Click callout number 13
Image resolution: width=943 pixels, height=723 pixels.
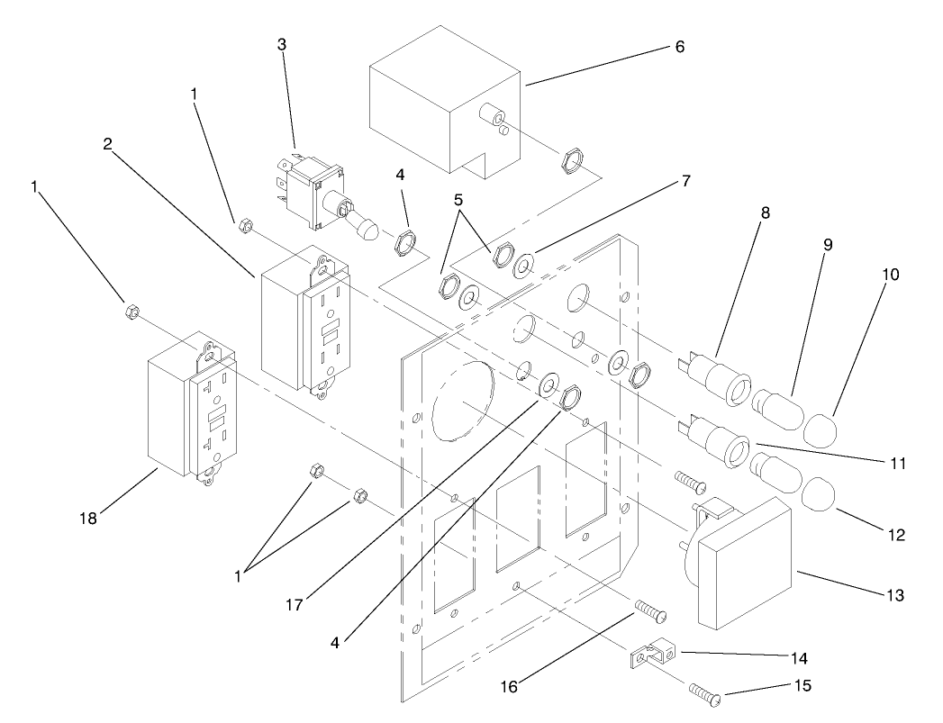click(x=901, y=595)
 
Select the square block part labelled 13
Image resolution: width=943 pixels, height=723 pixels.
click(x=746, y=564)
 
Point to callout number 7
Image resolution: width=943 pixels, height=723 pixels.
click(x=685, y=181)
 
